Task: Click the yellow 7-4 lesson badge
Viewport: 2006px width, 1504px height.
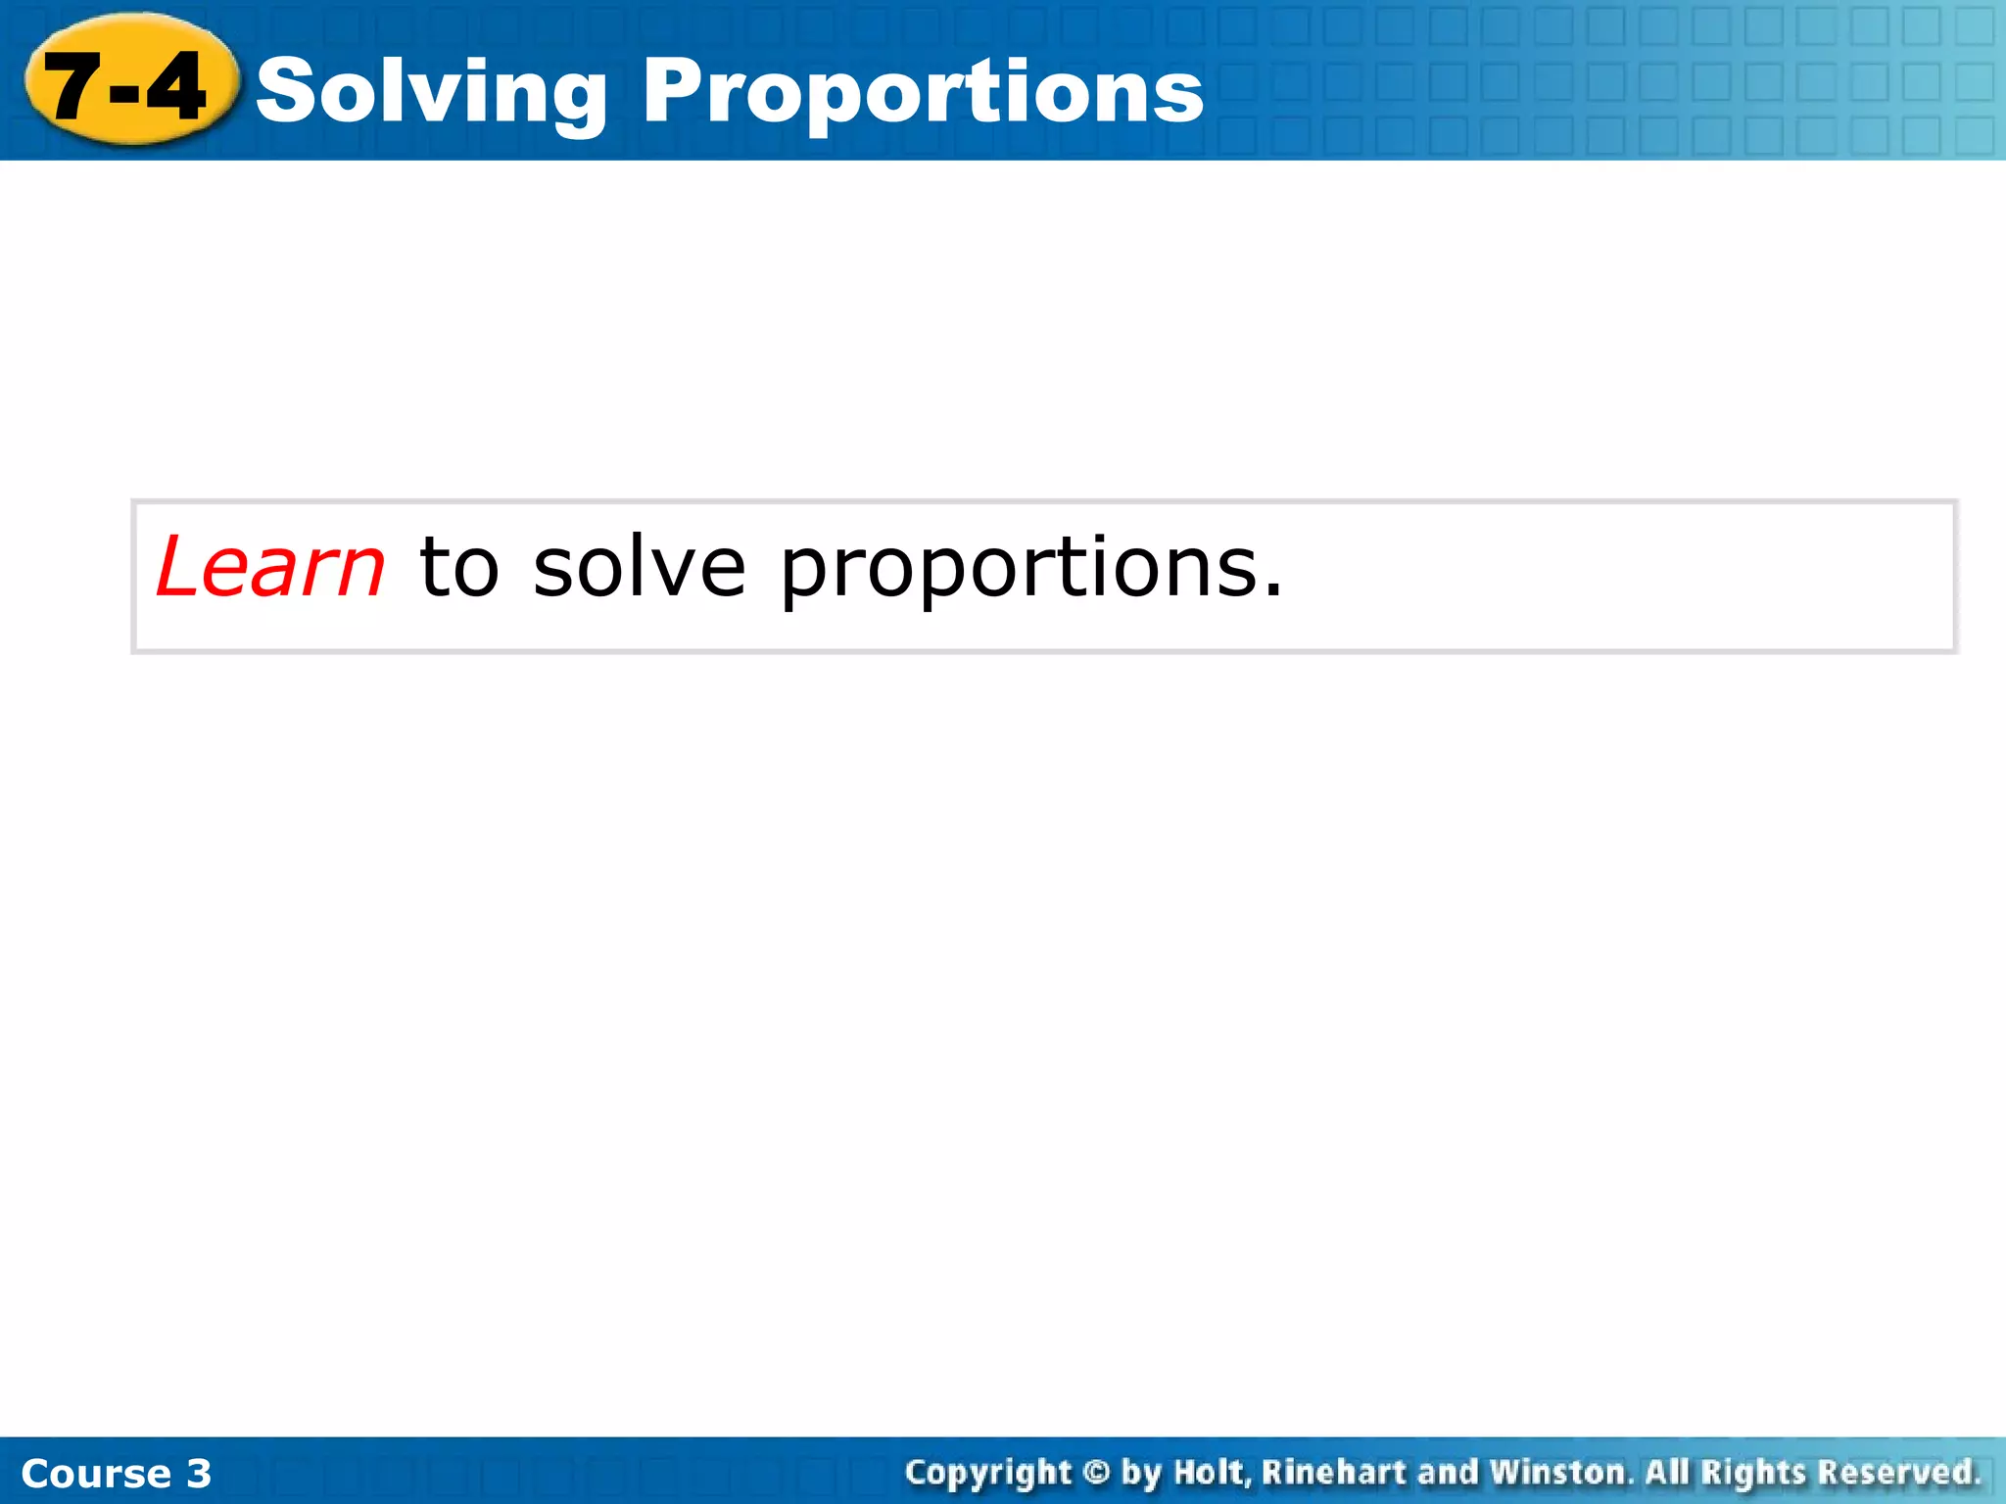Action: click(130, 80)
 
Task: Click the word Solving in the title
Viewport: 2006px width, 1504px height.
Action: click(431, 92)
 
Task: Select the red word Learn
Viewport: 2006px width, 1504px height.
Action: click(270, 568)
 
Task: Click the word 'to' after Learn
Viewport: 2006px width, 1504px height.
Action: click(459, 568)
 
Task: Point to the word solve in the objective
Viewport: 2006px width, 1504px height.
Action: click(640, 568)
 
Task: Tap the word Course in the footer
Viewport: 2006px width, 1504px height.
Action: click(96, 1474)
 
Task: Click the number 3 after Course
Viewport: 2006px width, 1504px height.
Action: click(199, 1474)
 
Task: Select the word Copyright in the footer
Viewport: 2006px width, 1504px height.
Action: click(988, 1473)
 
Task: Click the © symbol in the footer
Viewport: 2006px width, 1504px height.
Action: click(1097, 1473)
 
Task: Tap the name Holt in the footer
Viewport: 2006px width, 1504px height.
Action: click(1212, 1473)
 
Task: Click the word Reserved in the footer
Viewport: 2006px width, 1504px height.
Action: click(1898, 1473)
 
